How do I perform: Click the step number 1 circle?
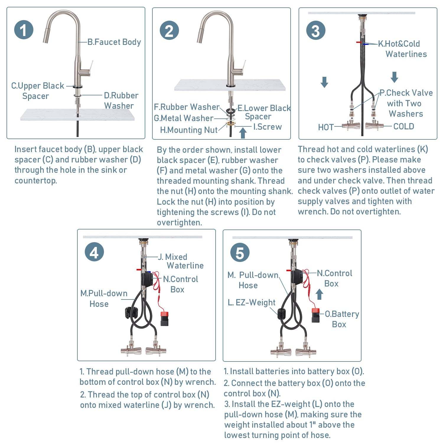pos(24,30)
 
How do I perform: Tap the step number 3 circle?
pos(316,31)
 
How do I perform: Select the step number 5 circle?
pos(240,253)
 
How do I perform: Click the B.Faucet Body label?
pos(114,42)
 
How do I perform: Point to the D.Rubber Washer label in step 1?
pos(121,100)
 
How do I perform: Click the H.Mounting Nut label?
pos(188,130)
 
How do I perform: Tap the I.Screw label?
pos(267,127)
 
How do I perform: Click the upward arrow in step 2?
pos(243,133)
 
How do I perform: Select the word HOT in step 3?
pos(326,127)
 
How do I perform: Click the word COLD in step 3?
pos(403,126)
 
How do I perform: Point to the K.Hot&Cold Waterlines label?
pos(402,49)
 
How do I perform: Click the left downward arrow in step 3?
pos(324,82)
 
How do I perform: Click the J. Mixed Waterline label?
pos(180,261)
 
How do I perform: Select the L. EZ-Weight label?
pos(251,302)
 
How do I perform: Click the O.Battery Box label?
pos(342,319)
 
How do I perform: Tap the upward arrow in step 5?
pos(319,294)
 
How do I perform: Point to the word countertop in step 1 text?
pos(36,180)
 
